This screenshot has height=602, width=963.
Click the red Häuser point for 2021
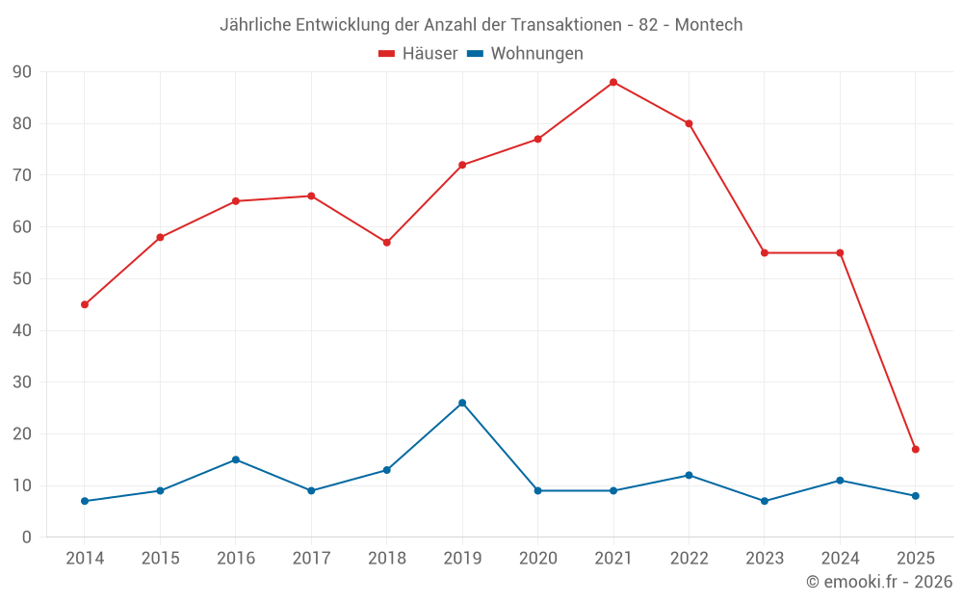[x=613, y=82]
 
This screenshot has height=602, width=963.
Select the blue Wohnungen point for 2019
[x=462, y=403]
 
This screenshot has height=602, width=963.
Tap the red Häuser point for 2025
[x=916, y=449]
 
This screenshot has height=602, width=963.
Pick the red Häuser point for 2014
[x=85, y=304]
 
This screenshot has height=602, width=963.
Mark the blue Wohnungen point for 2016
[x=236, y=459]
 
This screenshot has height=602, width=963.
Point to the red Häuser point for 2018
[x=387, y=243]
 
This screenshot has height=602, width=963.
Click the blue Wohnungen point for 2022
[x=689, y=475]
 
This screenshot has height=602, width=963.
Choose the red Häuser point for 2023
[x=765, y=252]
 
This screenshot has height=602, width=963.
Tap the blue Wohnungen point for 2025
[x=916, y=496]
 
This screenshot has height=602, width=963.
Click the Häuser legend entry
[x=418, y=54]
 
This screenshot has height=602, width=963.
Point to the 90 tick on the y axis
[x=21, y=72]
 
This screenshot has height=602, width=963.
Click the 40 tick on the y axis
[x=21, y=330]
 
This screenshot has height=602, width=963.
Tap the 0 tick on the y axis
[x=27, y=537]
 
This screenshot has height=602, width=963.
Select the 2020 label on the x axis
[x=537, y=559]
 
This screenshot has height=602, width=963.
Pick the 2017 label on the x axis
[x=311, y=559]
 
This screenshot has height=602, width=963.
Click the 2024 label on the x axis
[x=840, y=559]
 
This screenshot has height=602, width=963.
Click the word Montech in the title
[x=709, y=25]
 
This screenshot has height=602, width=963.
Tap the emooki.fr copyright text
[x=878, y=582]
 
